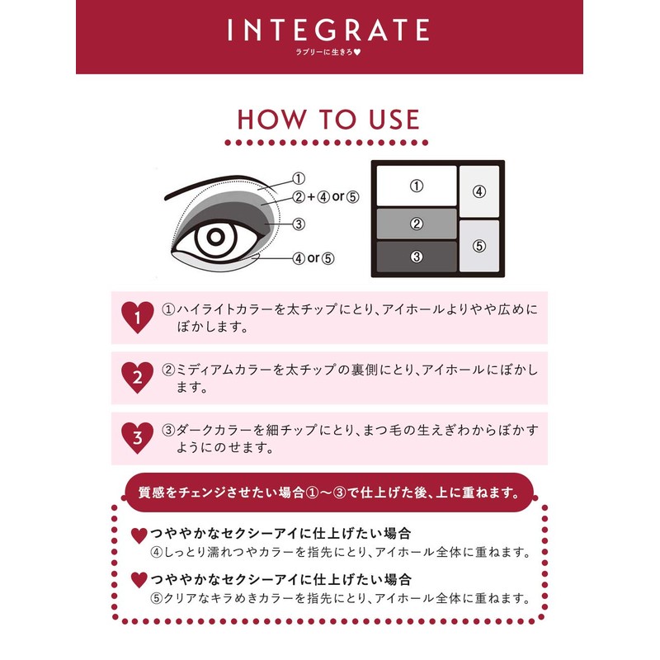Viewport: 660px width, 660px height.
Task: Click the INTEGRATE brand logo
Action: tap(328, 31)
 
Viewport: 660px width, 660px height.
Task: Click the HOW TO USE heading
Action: tap(328, 119)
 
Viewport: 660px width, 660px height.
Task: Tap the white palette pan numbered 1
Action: tap(417, 186)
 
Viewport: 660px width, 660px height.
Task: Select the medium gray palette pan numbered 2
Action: tap(417, 223)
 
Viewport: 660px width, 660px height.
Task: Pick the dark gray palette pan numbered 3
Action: tap(417, 256)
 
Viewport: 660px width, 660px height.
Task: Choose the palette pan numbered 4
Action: tap(479, 191)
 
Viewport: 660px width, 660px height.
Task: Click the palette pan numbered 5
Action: tap(479, 246)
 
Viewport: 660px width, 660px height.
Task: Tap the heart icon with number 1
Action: tap(137, 315)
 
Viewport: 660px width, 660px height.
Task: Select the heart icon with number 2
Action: tap(137, 376)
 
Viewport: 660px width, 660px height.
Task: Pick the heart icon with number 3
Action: tap(137, 437)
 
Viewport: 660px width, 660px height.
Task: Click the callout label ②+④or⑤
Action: tap(328, 197)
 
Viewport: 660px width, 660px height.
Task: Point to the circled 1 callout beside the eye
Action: tap(299, 178)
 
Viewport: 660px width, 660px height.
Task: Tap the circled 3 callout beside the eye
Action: tap(299, 223)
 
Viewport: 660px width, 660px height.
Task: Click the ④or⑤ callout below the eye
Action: tap(313, 257)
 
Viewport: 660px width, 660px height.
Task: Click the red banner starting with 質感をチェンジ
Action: tap(328, 494)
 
